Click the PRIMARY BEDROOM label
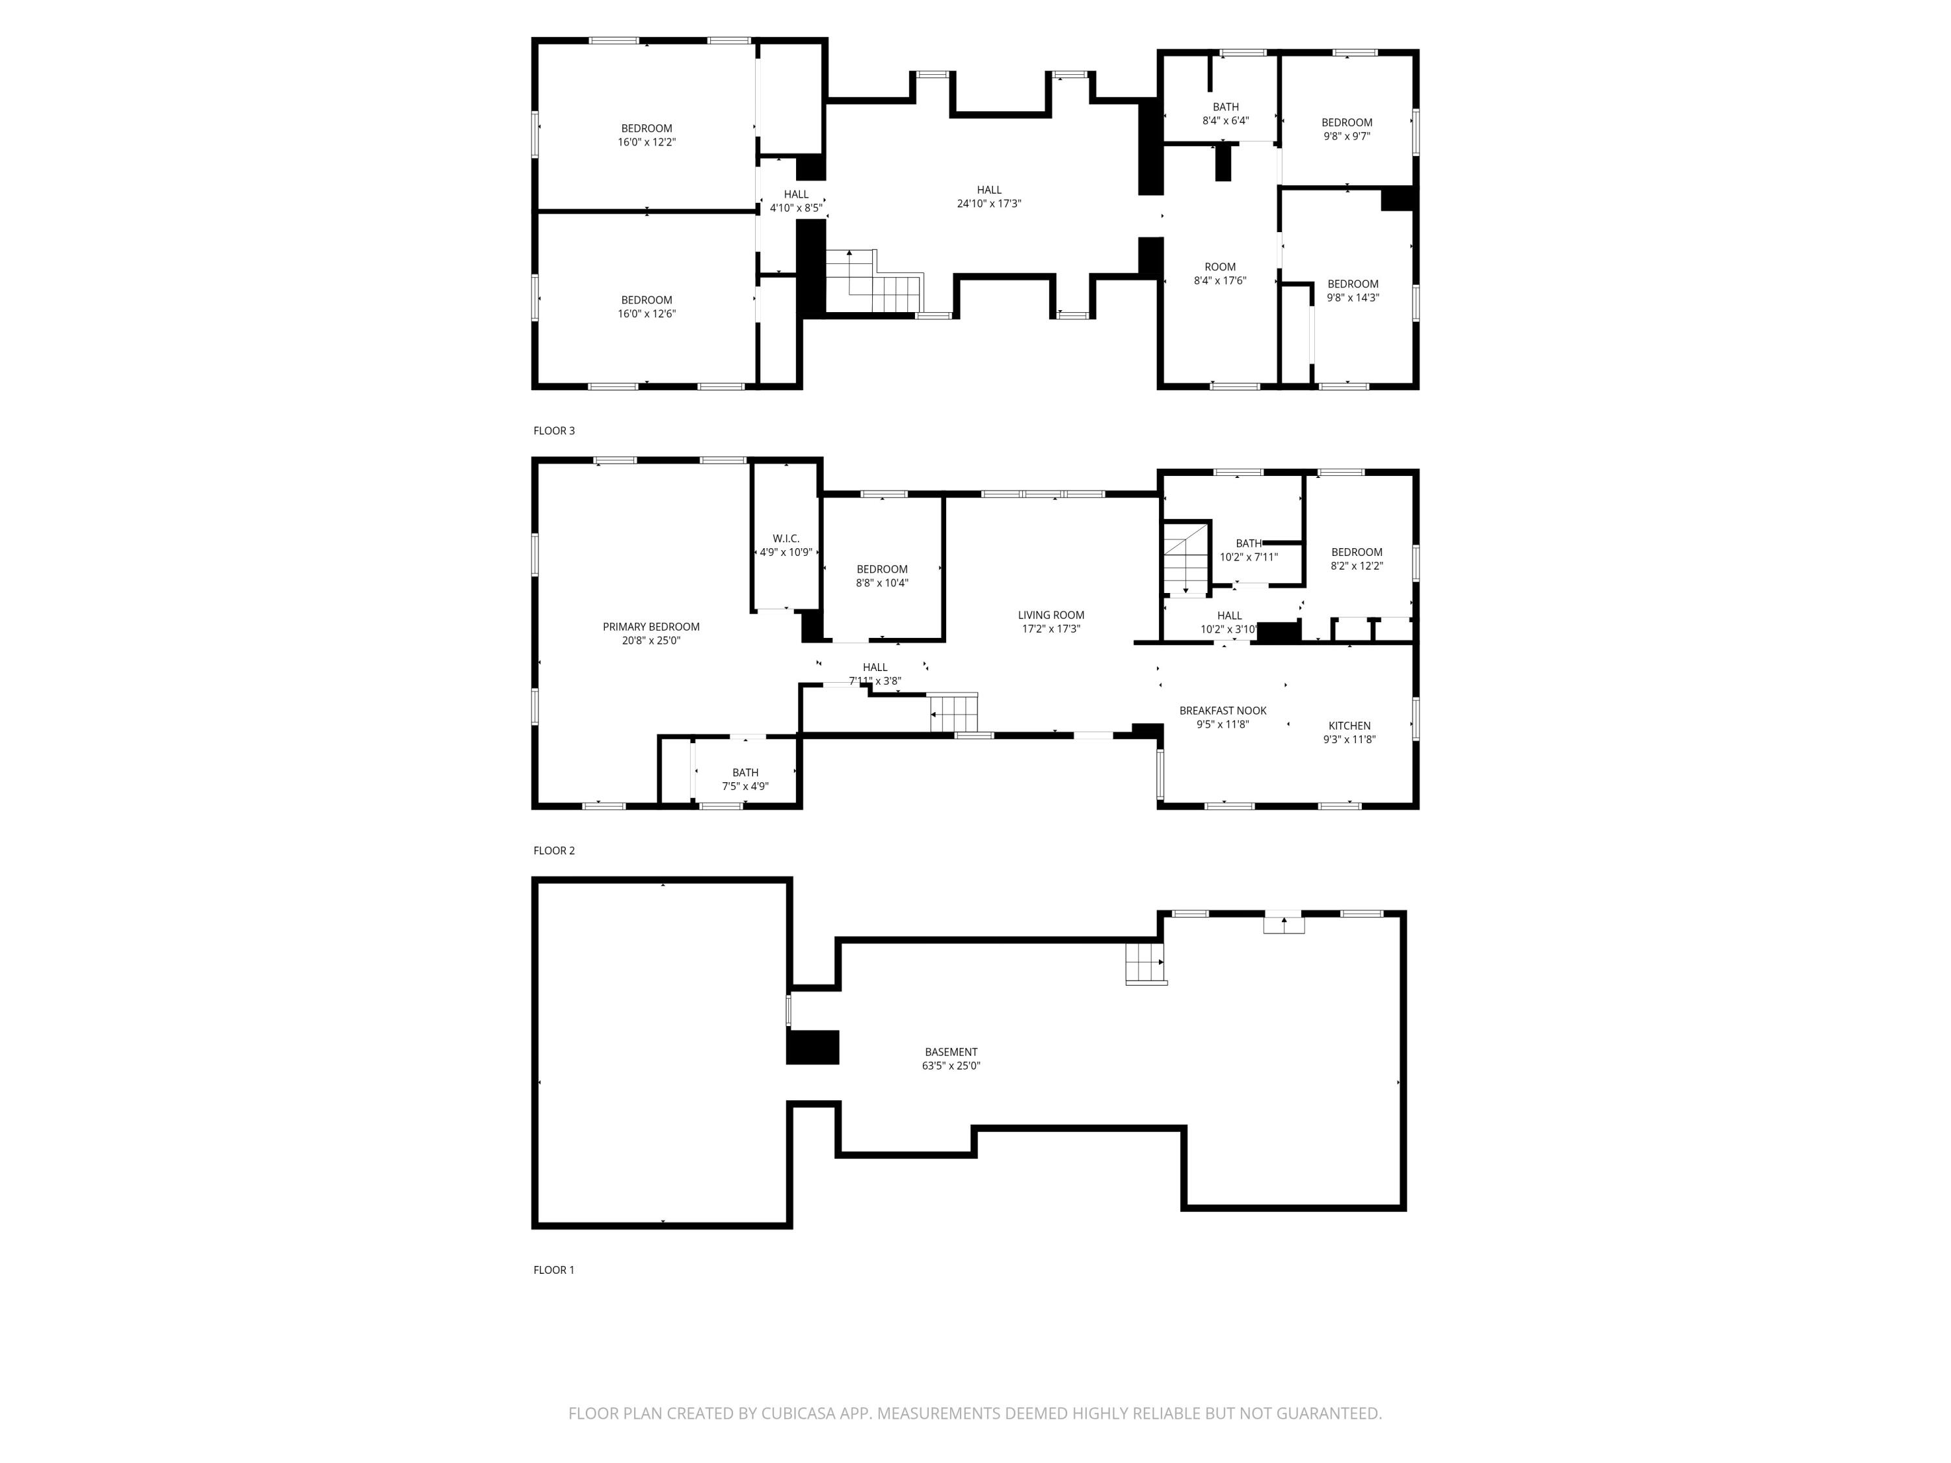pos(651,627)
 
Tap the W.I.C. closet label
pos(786,539)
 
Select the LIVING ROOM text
pos(1050,616)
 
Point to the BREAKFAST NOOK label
pos(1223,711)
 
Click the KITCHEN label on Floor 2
pos(1349,726)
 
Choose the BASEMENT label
pos(951,1052)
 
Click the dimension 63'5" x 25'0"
pos(951,1066)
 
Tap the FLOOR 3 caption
pos(554,431)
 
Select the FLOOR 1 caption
pos(554,1270)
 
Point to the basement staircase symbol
pos(1145,963)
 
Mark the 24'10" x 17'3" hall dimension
pos(989,204)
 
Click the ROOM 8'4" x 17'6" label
pos(1220,273)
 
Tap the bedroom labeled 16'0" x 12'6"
pos(646,307)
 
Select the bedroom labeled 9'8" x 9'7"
pos(1347,129)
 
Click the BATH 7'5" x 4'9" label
pos(745,780)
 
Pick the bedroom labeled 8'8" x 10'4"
pos(882,576)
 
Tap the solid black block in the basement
pos(812,1048)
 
